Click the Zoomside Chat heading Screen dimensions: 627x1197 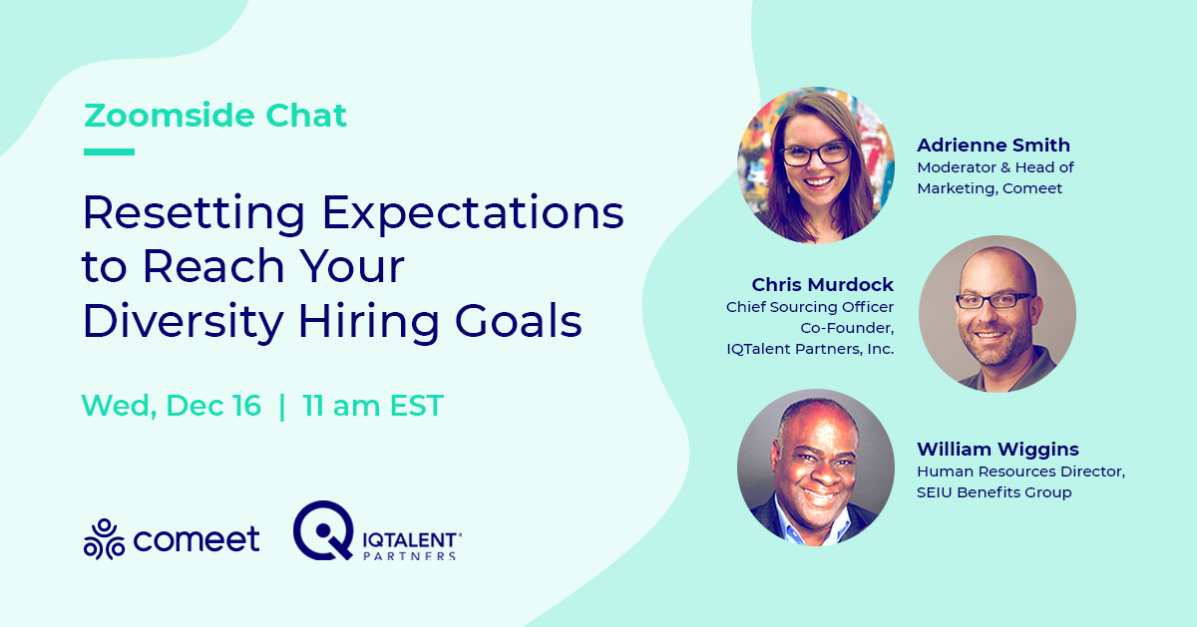215,117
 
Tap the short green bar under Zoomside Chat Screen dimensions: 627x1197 109,153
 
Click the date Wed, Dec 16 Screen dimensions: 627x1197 172,406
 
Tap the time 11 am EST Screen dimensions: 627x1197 373,406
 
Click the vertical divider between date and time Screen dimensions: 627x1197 282,406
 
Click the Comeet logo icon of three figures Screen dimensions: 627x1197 104,539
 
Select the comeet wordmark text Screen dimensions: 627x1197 197,539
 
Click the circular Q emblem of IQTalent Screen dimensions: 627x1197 323,529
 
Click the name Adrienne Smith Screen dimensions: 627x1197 994,146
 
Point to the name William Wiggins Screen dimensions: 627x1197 997,450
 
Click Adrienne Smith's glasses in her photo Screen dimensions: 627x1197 816,155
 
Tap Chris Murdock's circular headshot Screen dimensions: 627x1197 997,314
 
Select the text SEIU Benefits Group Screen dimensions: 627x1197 995,492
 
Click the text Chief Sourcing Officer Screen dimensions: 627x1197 810,307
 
